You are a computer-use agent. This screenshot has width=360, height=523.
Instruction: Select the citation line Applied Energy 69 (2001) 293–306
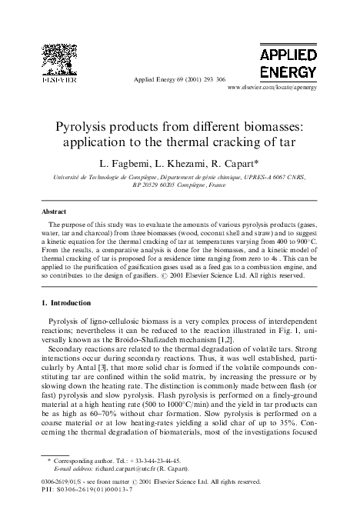pos(179,80)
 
